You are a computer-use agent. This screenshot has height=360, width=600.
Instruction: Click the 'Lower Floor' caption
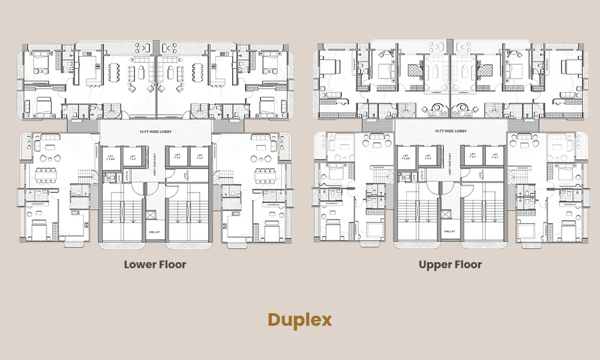pyautogui.click(x=155, y=264)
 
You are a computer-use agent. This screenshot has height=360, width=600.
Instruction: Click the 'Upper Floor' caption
pyautogui.click(x=450, y=264)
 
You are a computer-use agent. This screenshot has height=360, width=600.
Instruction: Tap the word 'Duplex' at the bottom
pyautogui.click(x=299, y=319)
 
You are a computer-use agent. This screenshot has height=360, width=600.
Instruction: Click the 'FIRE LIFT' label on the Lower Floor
pyautogui.click(x=154, y=230)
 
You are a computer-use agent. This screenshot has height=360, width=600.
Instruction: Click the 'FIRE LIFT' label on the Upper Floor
pyautogui.click(x=449, y=230)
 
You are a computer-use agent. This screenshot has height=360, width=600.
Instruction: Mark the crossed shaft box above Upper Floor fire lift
pyautogui.click(x=445, y=214)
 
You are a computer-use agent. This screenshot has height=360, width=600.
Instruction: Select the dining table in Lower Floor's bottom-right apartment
pyautogui.click(x=265, y=175)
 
